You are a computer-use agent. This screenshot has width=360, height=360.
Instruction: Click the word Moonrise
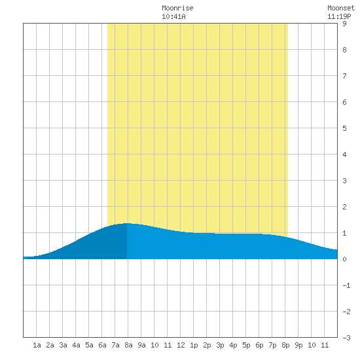coord(177,8)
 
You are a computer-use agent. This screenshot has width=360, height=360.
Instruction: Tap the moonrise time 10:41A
coord(173,16)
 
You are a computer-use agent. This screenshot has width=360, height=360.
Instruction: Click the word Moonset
coord(341,8)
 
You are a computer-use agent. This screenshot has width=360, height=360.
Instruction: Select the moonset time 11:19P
coord(339,16)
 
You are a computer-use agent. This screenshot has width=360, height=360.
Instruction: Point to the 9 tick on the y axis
coord(344,24)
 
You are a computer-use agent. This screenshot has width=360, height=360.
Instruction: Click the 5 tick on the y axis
coord(344,128)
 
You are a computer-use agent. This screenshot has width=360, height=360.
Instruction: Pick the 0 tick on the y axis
coord(344,259)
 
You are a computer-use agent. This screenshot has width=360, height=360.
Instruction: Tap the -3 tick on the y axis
coord(346,338)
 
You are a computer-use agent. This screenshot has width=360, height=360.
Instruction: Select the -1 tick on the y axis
coord(346,285)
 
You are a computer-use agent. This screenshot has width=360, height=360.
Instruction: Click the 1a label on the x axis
coord(37,345)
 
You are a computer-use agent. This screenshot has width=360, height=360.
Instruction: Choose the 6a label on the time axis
coord(102,345)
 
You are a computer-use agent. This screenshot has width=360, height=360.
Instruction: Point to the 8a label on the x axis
coord(128,345)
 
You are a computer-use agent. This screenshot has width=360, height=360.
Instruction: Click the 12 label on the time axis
coord(181,345)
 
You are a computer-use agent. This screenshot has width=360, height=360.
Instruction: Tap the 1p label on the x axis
coord(194,345)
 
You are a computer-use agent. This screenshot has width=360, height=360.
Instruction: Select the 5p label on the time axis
coord(246,345)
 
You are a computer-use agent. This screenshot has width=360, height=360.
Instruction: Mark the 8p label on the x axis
coord(285,345)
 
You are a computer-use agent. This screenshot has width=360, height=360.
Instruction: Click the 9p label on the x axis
coord(298,345)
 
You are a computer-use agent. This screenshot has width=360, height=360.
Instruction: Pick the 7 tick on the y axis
coord(344,76)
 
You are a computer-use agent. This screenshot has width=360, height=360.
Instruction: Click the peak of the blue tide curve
coord(127,223)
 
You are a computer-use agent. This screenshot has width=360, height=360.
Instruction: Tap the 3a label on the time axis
coord(63,345)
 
